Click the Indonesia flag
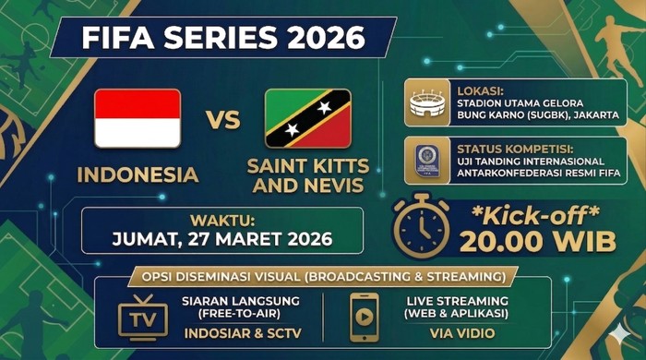pyautogui.click(x=138, y=118)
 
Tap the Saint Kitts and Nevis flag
pyautogui.click(x=307, y=118)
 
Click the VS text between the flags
pyautogui.click(x=222, y=120)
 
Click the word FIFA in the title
pyautogui.click(x=115, y=38)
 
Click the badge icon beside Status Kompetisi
pyautogui.click(x=426, y=160)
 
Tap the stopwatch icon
pyautogui.click(x=422, y=224)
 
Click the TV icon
pyautogui.click(x=143, y=315)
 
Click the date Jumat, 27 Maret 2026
pyautogui.click(x=223, y=237)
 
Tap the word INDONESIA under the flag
pyautogui.click(x=138, y=174)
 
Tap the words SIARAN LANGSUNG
pyautogui.click(x=239, y=301)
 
